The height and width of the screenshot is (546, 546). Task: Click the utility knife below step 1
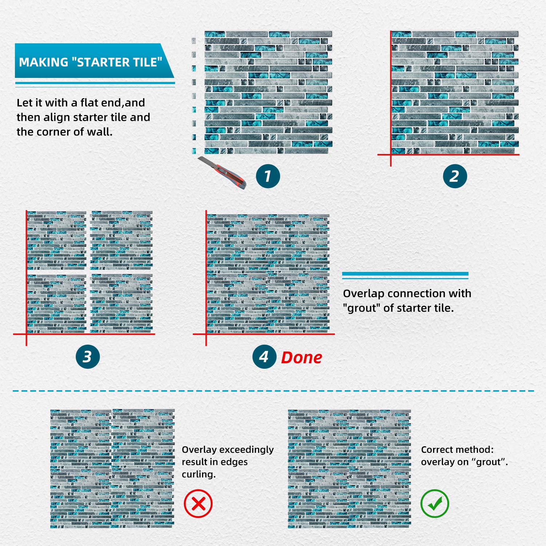click(x=222, y=173)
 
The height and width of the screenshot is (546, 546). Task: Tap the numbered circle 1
click(x=268, y=176)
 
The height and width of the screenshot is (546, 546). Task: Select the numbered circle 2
click(x=455, y=176)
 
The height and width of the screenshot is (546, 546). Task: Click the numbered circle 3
click(x=88, y=356)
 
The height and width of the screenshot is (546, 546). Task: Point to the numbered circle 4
click(x=264, y=357)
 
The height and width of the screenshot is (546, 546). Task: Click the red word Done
click(x=301, y=358)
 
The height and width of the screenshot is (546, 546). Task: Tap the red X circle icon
click(x=198, y=504)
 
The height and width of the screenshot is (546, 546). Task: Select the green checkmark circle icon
click(x=435, y=504)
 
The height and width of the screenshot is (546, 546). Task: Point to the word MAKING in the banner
click(x=43, y=62)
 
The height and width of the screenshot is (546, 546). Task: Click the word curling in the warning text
click(x=198, y=474)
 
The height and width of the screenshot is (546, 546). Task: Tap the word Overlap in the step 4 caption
click(x=363, y=293)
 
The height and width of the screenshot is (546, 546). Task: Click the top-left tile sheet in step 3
click(x=56, y=240)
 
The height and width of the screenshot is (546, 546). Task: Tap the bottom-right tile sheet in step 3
click(x=121, y=303)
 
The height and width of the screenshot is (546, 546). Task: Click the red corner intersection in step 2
click(x=391, y=155)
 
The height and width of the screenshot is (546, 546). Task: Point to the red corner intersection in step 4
click(x=206, y=334)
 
